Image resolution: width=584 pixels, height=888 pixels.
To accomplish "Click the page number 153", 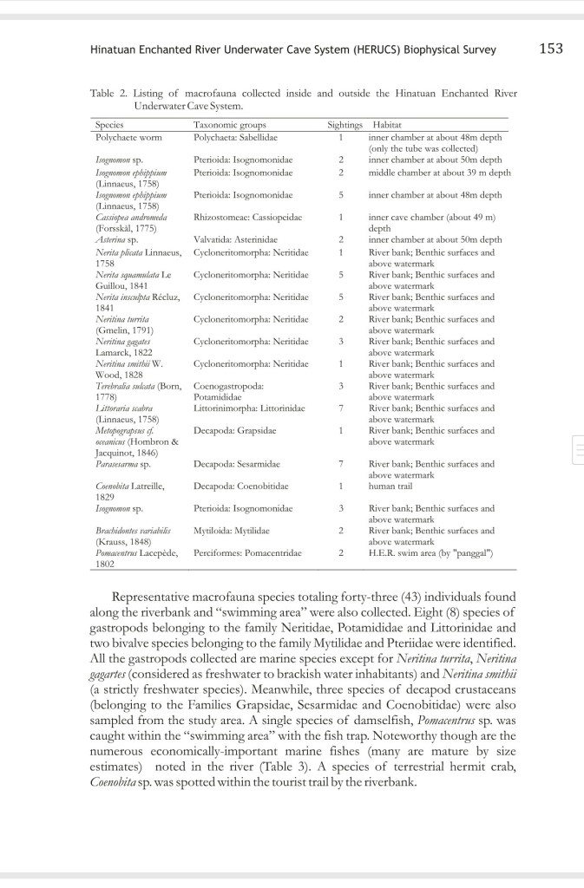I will tap(550, 49).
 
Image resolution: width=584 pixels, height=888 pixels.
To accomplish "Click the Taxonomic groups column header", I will tap(229, 125).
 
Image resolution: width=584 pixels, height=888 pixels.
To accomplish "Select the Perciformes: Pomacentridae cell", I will tap(247, 552).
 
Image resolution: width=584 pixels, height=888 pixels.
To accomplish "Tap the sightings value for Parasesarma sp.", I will tap(342, 464).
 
